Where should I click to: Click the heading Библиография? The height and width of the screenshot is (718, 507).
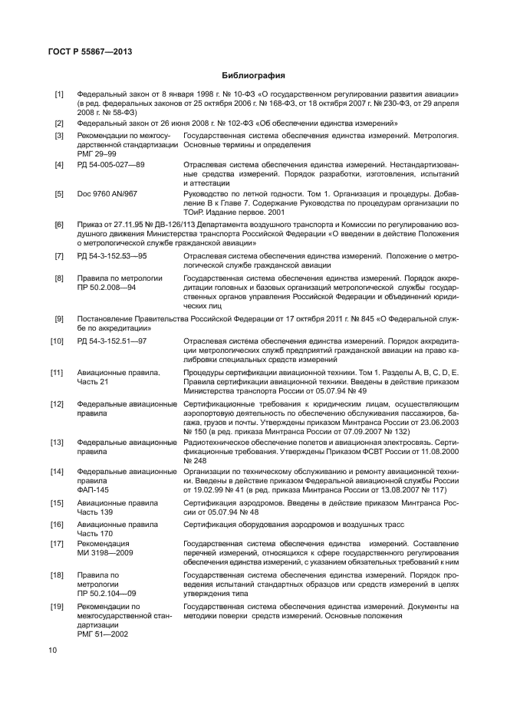(x=253, y=76)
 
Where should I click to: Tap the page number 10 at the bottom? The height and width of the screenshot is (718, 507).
(x=52, y=650)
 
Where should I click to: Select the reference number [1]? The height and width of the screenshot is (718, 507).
(x=58, y=94)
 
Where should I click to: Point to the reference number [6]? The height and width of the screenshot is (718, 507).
(x=58, y=225)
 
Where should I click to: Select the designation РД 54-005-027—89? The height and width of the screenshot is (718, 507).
(x=110, y=165)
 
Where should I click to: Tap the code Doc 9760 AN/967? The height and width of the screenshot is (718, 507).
(x=107, y=194)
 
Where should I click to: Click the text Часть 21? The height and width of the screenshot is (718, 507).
(x=94, y=382)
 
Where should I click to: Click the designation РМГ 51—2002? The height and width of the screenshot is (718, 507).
(x=103, y=634)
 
